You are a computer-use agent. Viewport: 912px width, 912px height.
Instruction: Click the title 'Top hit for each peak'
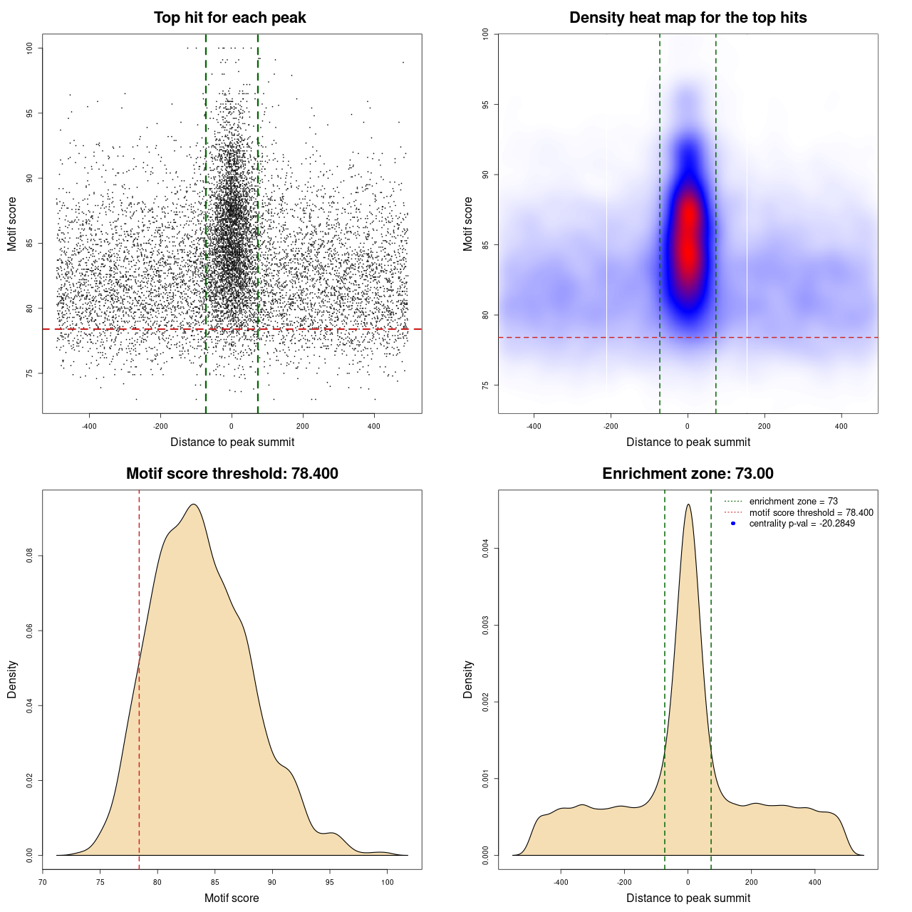[x=229, y=18]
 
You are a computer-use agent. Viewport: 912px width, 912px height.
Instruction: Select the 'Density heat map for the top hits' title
[x=688, y=18]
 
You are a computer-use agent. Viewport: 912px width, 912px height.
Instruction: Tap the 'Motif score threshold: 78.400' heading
[x=232, y=474]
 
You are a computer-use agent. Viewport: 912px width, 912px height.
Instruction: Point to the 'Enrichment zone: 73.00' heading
[x=688, y=474]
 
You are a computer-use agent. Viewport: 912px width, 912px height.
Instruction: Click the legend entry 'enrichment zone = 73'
[x=793, y=502]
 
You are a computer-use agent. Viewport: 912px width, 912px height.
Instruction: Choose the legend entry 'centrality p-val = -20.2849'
[x=802, y=524]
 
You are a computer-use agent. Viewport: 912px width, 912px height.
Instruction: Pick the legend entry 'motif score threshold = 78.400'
[x=811, y=513]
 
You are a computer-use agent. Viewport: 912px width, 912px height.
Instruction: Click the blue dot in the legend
[x=733, y=524]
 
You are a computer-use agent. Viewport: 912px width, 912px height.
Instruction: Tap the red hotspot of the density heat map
[x=688, y=235]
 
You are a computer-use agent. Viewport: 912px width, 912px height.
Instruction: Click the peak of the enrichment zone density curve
[x=688, y=504]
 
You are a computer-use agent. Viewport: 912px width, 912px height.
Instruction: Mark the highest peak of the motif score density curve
[x=193, y=504]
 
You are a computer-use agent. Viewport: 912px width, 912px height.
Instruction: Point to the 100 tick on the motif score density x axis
[x=387, y=882]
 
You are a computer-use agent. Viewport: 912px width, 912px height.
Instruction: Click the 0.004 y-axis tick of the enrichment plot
[x=485, y=549]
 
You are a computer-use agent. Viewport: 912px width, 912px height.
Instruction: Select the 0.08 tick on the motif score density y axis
[x=29, y=556]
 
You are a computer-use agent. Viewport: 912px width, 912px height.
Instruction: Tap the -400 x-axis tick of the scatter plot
[x=89, y=426]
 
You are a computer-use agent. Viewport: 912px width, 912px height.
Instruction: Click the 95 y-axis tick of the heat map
[x=485, y=105]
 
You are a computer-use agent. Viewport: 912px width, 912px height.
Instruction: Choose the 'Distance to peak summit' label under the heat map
[x=688, y=442]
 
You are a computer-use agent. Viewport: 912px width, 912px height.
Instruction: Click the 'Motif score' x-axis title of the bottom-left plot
[x=232, y=898]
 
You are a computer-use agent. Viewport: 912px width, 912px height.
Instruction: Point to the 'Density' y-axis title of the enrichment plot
[x=468, y=679]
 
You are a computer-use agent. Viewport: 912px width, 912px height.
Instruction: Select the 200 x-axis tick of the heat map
[x=765, y=426]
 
